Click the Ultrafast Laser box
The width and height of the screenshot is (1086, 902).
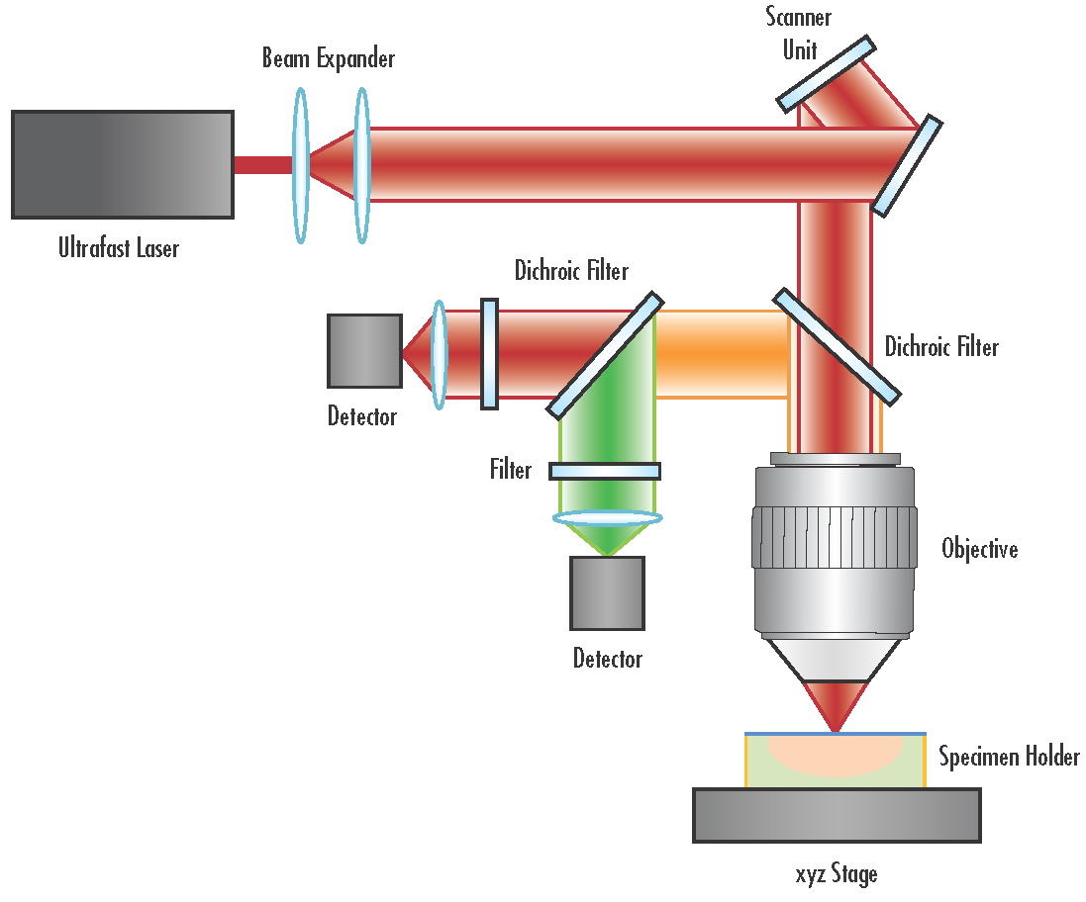123,164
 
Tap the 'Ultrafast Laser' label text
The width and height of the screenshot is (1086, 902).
119,247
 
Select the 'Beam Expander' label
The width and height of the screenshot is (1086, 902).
328,58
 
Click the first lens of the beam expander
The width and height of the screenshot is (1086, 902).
301,165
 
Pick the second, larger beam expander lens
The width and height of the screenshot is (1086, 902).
361,165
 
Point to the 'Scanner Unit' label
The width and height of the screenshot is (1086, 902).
798,34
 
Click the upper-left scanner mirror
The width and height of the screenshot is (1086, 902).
826,73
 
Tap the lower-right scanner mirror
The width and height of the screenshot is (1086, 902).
906,165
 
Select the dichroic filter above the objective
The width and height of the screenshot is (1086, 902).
838,346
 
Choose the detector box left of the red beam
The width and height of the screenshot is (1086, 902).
364,351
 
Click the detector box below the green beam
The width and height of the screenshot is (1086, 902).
607,593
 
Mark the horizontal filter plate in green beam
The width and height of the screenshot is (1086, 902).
605,472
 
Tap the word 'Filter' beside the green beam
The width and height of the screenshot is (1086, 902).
511,470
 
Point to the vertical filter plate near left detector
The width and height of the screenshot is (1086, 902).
489,354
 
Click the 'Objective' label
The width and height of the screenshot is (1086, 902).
979,549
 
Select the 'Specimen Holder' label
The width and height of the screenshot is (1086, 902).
1009,758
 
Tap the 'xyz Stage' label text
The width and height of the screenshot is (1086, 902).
836,874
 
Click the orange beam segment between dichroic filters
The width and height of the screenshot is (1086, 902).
721,354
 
